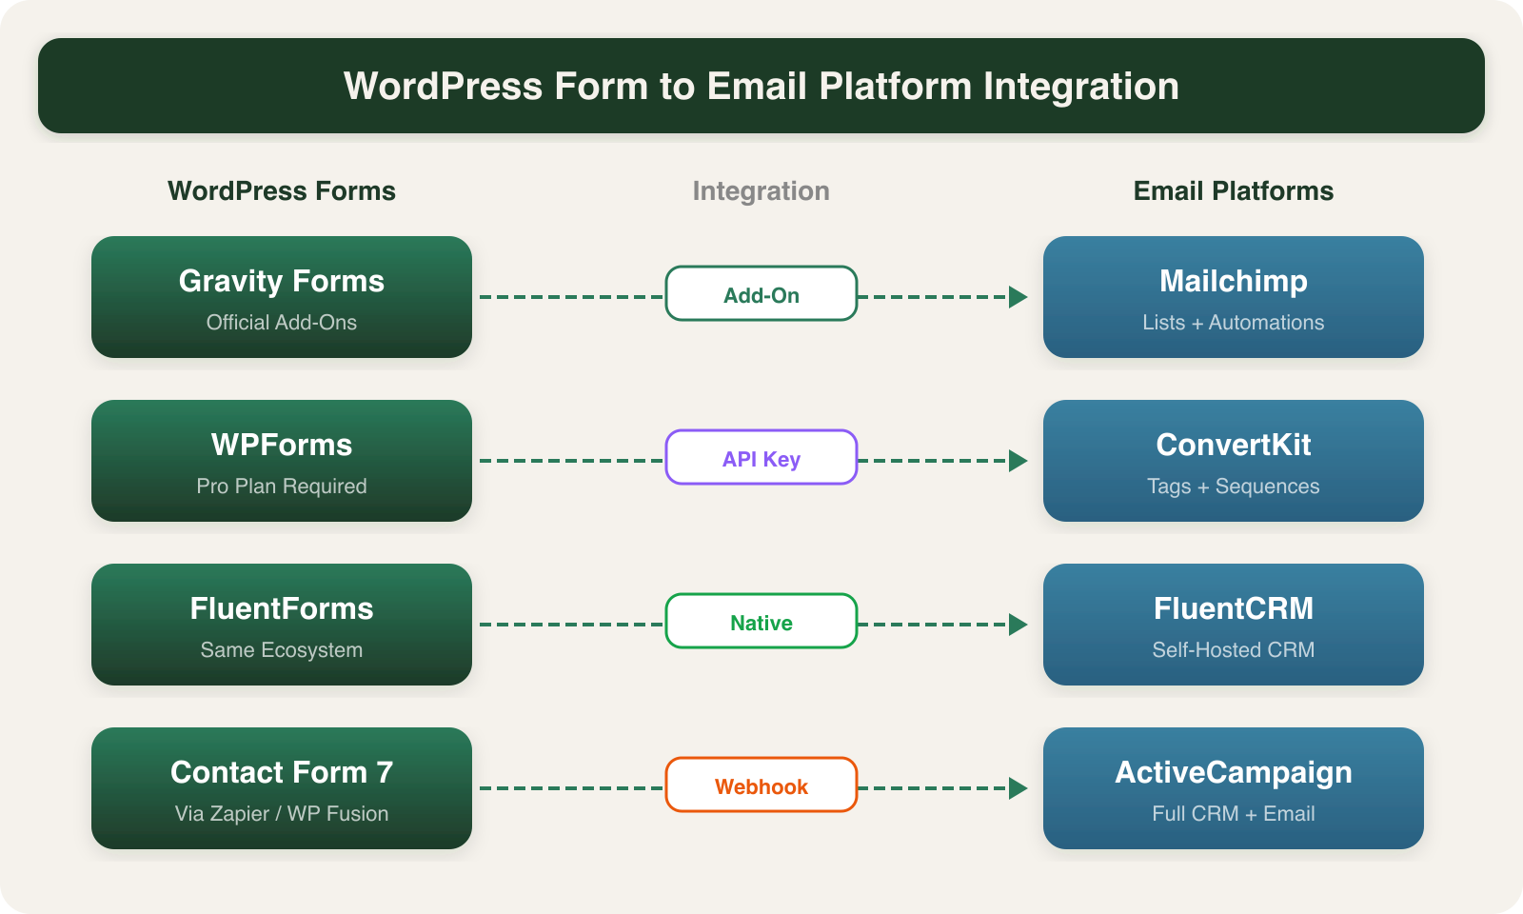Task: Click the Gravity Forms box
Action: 282,297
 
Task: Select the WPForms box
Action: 282,461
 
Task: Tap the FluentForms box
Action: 282,625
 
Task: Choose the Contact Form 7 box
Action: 282,788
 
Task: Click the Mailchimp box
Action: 1234,297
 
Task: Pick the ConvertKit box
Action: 1234,461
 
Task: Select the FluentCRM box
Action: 1234,625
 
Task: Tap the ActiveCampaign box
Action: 1234,788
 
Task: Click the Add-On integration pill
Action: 761,294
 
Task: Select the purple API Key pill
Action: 761,458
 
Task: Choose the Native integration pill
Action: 761,622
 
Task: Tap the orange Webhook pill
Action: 761,785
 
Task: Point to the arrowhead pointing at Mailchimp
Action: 1018,297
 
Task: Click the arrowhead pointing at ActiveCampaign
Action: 1018,788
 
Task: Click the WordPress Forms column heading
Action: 282,191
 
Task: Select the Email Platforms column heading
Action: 1234,191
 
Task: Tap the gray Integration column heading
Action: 761,191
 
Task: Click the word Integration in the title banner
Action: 1080,87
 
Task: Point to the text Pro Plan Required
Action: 282,487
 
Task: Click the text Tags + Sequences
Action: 1234,487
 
